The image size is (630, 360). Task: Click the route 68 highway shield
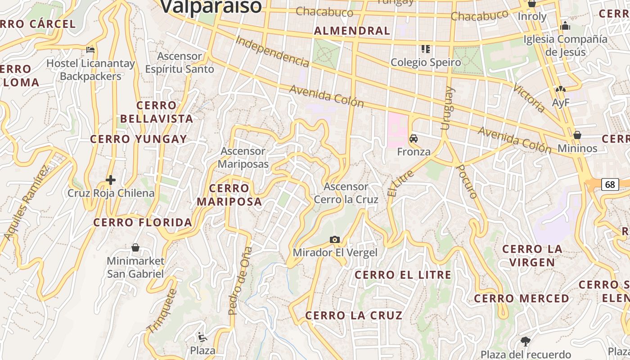pos(610,184)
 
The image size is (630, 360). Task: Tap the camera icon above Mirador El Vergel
pos(335,239)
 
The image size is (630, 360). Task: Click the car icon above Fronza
pos(414,139)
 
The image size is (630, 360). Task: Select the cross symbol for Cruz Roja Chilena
pos(111,180)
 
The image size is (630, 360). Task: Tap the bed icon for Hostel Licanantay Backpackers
pos(90,49)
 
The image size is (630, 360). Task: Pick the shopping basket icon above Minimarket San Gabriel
pos(135,247)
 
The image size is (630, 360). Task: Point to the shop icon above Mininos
pos(577,135)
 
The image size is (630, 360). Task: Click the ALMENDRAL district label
pos(352,31)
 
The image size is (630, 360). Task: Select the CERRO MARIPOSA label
pos(229,195)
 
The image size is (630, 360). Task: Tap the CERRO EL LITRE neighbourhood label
pos(403,275)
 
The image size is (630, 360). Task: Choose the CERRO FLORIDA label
pos(143,222)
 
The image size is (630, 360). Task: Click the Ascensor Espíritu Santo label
pos(180,63)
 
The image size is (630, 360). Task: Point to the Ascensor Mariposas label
pos(243,157)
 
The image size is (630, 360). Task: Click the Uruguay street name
pos(447,108)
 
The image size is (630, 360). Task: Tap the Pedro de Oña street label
pos(239,280)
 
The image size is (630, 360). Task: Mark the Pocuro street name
pos(466,181)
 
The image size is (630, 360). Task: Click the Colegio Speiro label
pos(426,63)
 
